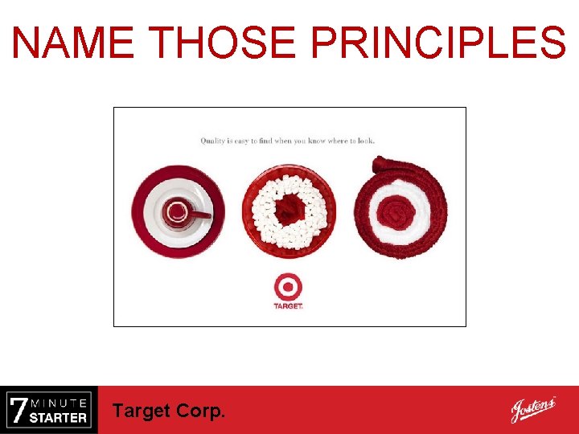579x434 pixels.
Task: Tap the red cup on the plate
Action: coord(176,212)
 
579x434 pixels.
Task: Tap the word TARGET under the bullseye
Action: coord(288,306)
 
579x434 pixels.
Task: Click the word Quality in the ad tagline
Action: coord(212,141)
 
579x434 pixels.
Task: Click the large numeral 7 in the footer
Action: coord(18,410)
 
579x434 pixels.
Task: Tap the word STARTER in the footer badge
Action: coord(58,417)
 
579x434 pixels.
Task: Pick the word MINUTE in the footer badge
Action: coord(60,402)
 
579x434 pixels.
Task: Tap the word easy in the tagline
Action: coord(240,141)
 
